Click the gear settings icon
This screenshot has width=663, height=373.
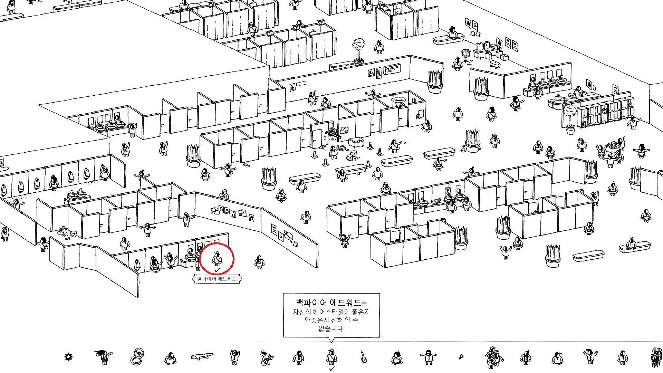68,357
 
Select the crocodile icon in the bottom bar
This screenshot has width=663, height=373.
202,356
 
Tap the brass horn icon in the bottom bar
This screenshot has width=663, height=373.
138,356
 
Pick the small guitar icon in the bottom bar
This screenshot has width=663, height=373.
363,357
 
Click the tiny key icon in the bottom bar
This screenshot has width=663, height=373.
461,357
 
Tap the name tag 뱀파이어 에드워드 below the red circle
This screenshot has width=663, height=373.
217,279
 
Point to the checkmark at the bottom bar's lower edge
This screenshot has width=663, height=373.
331,369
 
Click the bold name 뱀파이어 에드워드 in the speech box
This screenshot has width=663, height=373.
328,303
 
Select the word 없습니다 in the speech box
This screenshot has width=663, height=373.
331,328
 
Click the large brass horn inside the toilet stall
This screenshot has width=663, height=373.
398,100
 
